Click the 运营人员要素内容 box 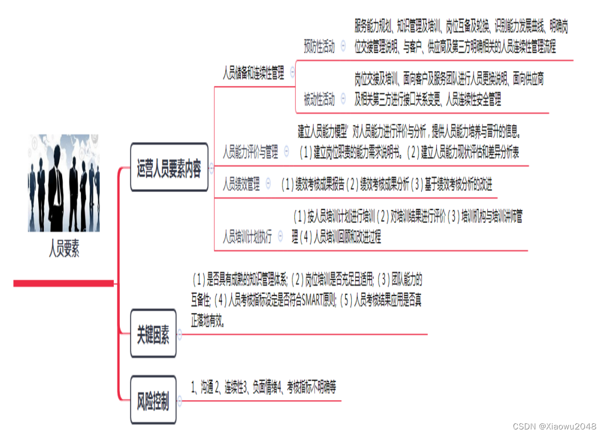tap(169, 168)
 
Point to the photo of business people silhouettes tap(64, 183)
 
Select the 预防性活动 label tap(319, 47)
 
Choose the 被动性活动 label tap(319, 100)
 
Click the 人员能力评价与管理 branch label tap(250, 151)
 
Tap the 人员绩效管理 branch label tap(241, 184)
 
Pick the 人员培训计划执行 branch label tap(247, 237)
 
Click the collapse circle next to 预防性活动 tap(343, 47)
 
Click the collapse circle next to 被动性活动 tap(343, 99)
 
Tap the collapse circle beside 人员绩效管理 tap(269, 183)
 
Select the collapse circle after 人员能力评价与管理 tap(286, 150)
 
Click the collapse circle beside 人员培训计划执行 tap(280, 237)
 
